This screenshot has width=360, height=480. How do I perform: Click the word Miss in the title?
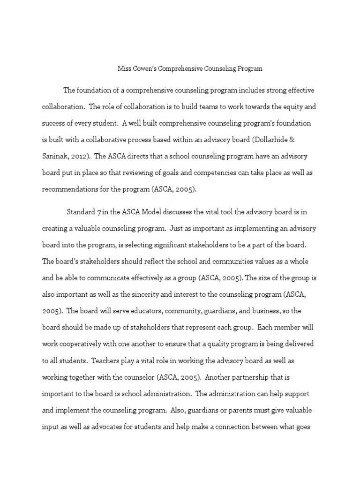click(123, 68)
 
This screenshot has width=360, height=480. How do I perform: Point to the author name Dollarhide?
click(282, 139)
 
